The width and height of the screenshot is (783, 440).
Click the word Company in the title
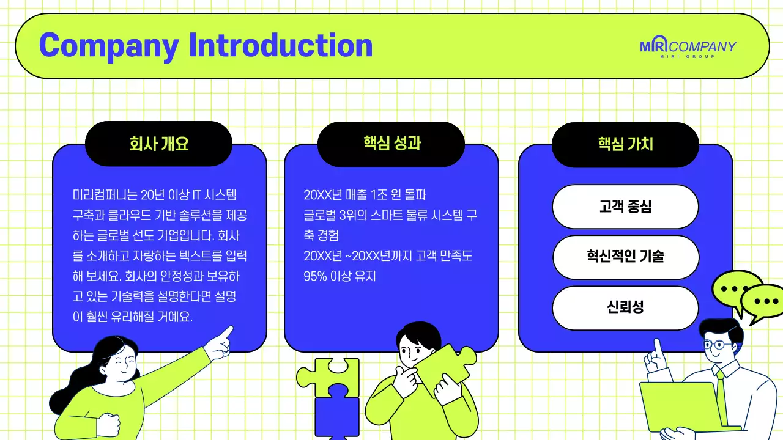tap(109, 45)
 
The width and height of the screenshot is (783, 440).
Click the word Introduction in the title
tap(281, 45)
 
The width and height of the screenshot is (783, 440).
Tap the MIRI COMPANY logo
tap(688, 48)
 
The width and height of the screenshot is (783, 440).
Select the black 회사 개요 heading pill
tap(158, 144)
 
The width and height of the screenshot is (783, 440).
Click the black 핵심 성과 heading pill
tap(391, 144)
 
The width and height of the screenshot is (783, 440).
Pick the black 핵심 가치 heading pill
tap(625, 144)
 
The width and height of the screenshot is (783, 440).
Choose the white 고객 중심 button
tap(625, 207)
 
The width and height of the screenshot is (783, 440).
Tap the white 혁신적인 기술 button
tap(625, 257)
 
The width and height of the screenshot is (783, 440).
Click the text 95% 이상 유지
tap(340, 276)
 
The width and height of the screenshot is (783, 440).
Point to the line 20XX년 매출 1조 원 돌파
tap(365, 196)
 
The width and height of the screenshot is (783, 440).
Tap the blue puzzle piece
tap(336, 416)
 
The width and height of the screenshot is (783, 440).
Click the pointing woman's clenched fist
tap(108, 424)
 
